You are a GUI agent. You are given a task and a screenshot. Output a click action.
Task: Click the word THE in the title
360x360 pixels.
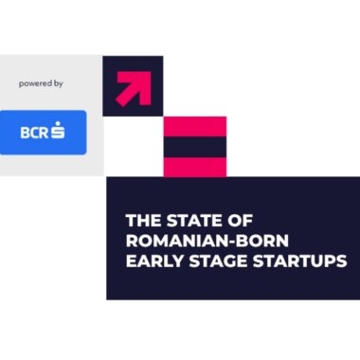[x=141, y=220]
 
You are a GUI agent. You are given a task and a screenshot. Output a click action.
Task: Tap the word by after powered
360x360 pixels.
[x=58, y=83]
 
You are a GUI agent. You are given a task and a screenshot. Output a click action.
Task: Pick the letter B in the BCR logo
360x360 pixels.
[x=24, y=133]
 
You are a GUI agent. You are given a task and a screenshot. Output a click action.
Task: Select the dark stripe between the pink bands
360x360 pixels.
[x=195, y=147]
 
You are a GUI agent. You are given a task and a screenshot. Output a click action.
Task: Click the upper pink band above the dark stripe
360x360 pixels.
[x=195, y=126]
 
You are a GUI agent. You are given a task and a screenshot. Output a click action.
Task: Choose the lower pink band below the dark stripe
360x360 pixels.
[x=195, y=167]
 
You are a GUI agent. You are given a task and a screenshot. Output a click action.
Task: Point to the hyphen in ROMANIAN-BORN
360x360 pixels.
[x=225, y=240]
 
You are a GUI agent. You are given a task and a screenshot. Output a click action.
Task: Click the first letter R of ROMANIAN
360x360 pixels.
[x=132, y=239]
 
